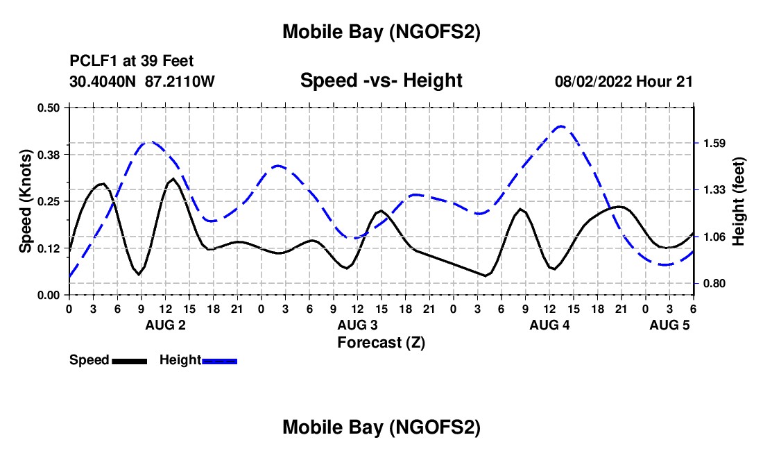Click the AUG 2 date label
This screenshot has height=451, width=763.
164,325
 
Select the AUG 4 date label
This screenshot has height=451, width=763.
549,325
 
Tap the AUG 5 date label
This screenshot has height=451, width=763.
669,325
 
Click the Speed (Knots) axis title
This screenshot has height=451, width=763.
26,201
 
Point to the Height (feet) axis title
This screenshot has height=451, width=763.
739,201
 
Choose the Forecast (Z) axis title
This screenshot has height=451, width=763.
381,342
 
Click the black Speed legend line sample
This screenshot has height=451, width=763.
129,360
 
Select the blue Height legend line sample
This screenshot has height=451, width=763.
219,360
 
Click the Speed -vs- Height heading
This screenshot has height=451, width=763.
381,80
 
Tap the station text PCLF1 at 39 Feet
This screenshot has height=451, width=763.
132,61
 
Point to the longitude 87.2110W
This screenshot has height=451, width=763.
180,81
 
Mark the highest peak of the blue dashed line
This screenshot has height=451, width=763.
561,126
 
